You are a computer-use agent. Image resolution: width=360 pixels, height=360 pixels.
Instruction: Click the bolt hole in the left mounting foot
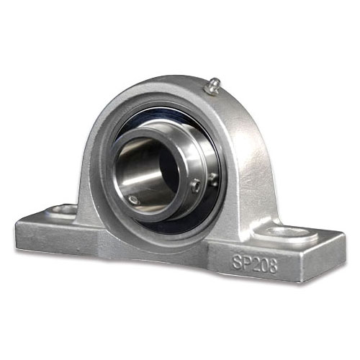point(63,210)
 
